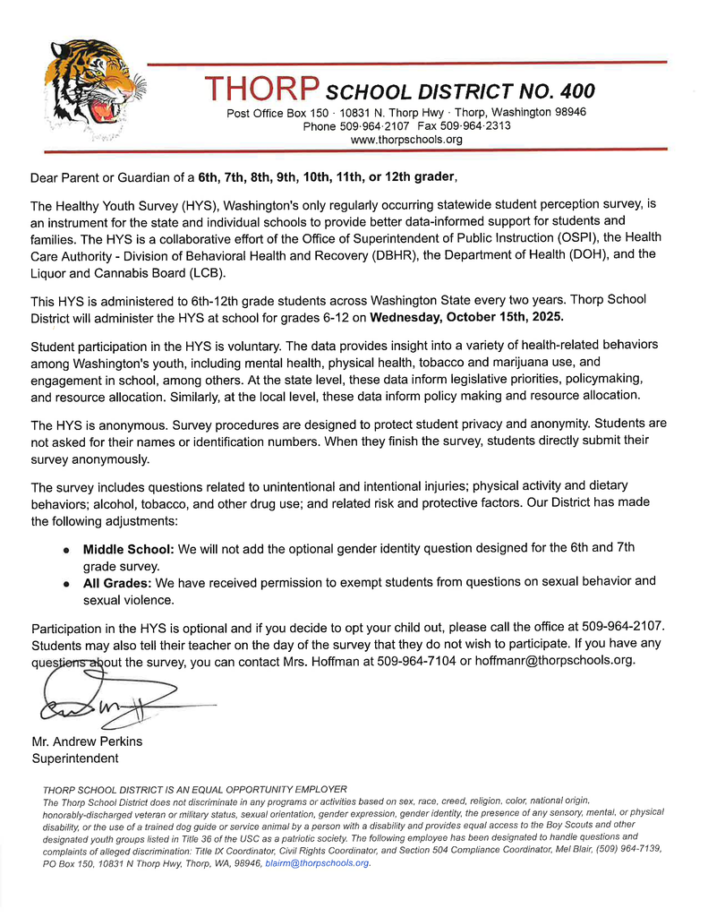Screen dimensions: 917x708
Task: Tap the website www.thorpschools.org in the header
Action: point(406,140)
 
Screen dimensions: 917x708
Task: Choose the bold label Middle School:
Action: point(129,548)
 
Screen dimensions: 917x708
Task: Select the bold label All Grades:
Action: point(117,582)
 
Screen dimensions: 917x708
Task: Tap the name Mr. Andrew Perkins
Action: point(87,741)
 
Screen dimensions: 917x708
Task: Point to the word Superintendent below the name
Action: point(74,758)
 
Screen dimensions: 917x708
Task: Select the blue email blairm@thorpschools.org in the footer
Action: point(318,863)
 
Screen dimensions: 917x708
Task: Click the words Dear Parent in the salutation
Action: point(68,176)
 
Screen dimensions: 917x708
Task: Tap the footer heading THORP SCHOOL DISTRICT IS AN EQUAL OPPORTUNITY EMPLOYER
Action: point(194,789)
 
